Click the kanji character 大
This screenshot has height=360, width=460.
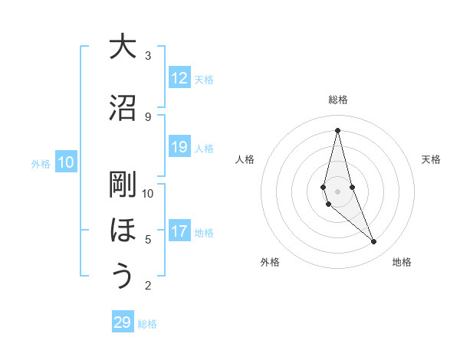(123, 47)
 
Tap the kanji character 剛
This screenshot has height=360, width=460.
(123, 184)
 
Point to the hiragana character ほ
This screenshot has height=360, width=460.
(123, 231)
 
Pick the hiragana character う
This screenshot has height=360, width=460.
(123, 277)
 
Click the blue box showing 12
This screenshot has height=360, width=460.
(179, 78)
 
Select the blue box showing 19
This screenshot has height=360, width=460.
(179, 147)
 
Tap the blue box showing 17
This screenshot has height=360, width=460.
(179, 231)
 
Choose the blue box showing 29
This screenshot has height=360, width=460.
(123, 322)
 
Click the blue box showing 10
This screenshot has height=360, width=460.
(66, 162)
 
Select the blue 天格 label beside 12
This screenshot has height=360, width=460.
(204, 79)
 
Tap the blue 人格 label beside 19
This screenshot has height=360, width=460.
(204, 148)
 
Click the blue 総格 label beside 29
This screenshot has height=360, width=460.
(147, 323)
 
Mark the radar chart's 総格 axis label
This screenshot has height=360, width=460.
(337, 100)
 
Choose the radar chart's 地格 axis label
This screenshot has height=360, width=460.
(402, 262)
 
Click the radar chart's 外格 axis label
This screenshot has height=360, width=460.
(270, 262)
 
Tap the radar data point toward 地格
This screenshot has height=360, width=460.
(373, 242)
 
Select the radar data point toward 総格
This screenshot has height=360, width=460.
(337, 130)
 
